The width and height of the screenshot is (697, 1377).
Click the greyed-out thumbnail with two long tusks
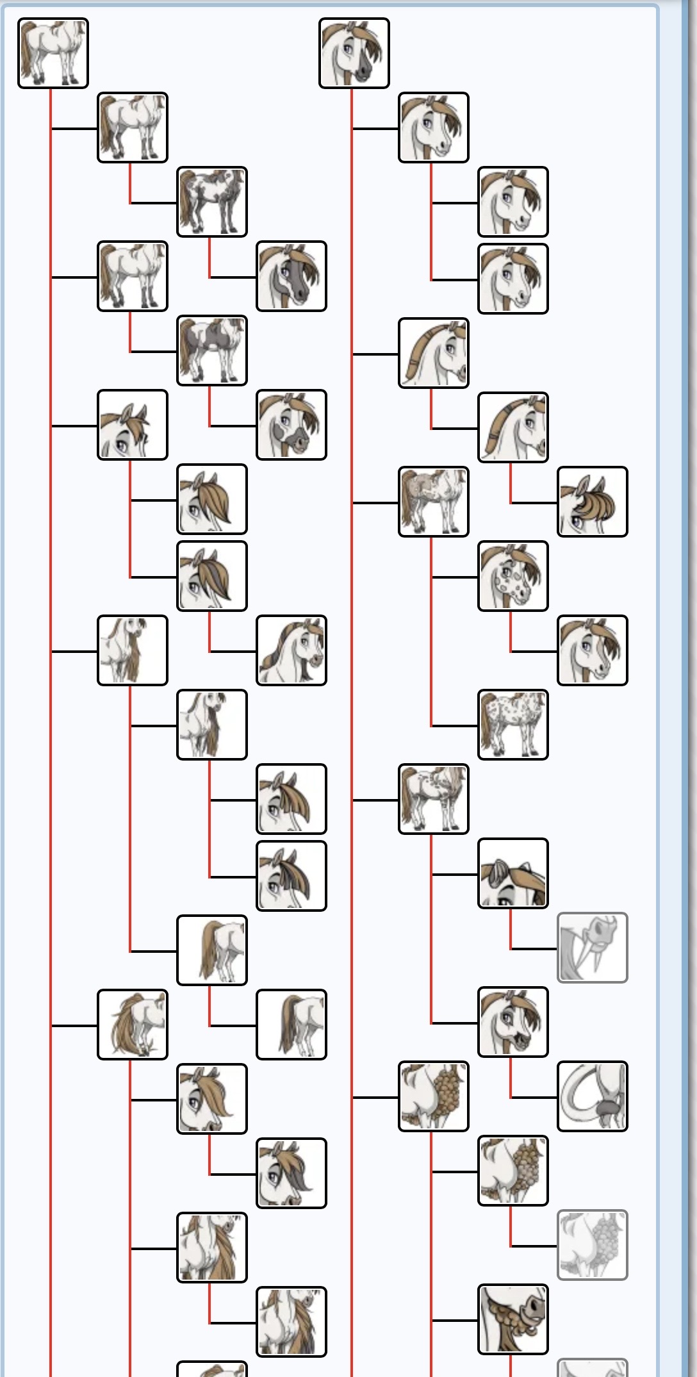592,948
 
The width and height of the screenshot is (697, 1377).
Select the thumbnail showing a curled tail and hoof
592,1096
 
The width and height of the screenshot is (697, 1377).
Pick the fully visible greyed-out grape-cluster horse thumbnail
592,1245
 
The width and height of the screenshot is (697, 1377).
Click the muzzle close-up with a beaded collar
512,1319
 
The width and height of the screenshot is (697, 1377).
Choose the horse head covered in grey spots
512,576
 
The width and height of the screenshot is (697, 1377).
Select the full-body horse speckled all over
512,725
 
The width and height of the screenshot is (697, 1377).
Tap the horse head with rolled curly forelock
592,502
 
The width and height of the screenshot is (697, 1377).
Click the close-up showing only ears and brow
512,873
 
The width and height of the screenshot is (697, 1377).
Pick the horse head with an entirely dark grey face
291,276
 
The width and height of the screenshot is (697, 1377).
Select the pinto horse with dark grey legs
211,202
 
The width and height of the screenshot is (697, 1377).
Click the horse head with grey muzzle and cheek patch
291,425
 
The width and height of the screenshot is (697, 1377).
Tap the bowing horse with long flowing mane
132,1025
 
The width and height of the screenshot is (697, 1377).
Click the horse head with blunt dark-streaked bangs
291,876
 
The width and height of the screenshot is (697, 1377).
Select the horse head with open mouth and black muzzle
512,1022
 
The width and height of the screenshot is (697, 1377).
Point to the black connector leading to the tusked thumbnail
534,948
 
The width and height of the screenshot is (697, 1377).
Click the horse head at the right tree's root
354,53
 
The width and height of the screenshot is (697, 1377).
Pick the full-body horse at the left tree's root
53,53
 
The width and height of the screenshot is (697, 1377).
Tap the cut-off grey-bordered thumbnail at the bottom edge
592,1368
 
